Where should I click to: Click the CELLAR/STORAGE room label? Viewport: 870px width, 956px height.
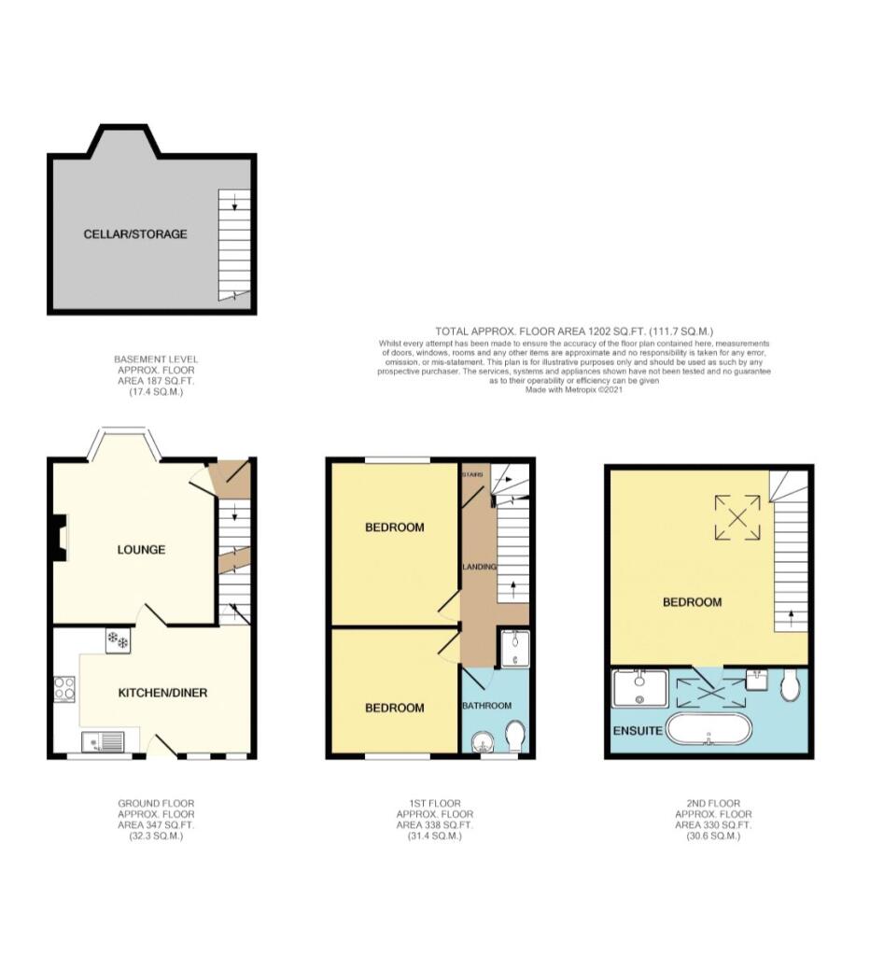(135, 233)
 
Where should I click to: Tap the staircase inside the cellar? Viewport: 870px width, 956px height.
(233, 245)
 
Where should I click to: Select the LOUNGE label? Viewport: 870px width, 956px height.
(141, 549)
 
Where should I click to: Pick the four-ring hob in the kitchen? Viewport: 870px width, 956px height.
(65, 689)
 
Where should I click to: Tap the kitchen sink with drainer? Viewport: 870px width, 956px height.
(103, 743)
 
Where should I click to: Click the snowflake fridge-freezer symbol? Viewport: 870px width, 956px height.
(118, 640)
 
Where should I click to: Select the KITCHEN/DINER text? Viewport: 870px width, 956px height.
(162, 693)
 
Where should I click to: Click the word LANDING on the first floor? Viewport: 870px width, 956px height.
(478, 567)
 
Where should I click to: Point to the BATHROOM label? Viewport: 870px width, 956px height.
(486, 706)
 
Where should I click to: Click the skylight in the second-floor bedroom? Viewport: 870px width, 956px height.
(737, 517)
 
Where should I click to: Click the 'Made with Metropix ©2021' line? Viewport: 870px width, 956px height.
(573, 389)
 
